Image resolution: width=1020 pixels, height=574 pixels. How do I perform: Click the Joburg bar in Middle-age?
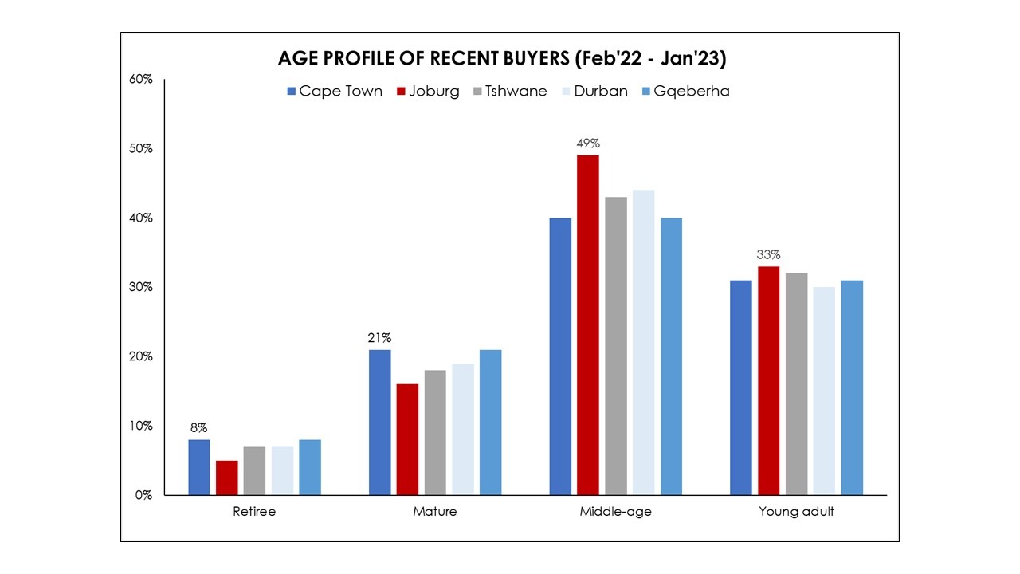click(x=588, y=325)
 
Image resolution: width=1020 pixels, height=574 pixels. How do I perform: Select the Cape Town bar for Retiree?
click(x=199, y=467)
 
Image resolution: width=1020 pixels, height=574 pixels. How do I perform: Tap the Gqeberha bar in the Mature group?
click(x=491, y=423)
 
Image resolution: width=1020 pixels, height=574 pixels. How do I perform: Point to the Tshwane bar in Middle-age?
click(x=615, y=346)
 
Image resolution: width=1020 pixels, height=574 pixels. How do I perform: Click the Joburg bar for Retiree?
click(x=226, y=478)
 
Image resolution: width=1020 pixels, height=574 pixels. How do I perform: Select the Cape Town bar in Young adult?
click(x=741, y=387)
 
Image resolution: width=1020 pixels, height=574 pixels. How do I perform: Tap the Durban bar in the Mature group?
click(x=463, y=429)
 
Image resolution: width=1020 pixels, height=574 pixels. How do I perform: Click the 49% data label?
click(x=588, y=143)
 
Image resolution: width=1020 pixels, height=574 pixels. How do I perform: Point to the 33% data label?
click(x=769, y=255)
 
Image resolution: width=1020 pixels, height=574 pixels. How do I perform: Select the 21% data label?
click(x=379, y=338)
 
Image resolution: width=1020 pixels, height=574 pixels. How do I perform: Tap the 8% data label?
click(x=199, y=428)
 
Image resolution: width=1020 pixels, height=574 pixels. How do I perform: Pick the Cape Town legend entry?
click(x=334, y=91)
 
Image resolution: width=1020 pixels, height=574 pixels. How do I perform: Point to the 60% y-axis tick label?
click(x=140, y=80)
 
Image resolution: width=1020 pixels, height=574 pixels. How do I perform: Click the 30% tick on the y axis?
click(x=140, y=287)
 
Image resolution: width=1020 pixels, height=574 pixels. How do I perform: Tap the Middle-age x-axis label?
click(x=615, y=512)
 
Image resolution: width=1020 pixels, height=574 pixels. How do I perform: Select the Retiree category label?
click(x=254, y=512)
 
